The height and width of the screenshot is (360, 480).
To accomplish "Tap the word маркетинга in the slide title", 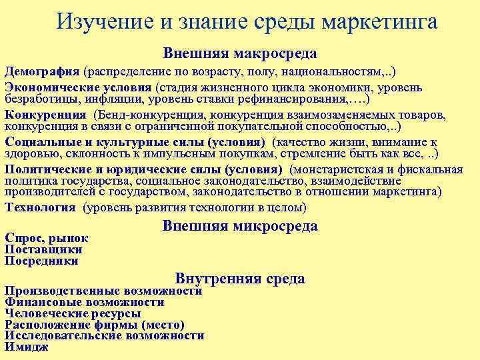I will point(379,22).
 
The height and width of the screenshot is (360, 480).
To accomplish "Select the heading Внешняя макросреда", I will point(240,53).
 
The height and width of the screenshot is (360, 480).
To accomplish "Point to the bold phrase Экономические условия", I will point(79,87).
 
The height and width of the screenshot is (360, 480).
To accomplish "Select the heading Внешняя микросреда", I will point(240,226).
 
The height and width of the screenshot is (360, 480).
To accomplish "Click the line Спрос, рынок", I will point(46,237).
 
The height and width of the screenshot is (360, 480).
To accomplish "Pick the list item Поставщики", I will point(43,249).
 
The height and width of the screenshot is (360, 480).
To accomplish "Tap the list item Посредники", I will point(41,261).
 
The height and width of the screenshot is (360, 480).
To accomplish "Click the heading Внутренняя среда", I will point(240,279).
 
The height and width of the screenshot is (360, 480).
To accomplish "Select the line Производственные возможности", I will point(103,291).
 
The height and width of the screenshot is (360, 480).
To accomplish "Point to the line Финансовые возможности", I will point(84,302).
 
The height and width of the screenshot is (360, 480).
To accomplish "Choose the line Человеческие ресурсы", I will point(73,313).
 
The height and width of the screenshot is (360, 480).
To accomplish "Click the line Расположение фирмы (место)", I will point(94,325).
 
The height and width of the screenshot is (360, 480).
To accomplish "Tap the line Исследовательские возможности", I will point(104,335).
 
